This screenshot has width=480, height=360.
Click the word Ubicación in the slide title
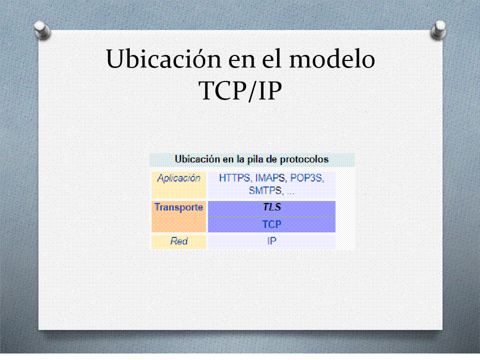(163, 58)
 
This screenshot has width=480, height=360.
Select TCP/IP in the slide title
(240, 90)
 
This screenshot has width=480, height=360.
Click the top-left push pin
(42, 30)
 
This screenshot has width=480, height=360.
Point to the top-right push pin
(438, 30)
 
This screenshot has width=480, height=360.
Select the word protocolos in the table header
(304, 159)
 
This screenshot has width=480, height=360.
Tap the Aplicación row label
(179, 178)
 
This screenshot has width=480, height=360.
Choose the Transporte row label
(179, 207)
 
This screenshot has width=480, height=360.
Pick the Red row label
(179, 241)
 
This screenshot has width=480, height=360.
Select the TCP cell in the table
(272, 224)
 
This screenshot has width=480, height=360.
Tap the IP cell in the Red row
(272, 241)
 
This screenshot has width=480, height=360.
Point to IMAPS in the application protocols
(270, 178)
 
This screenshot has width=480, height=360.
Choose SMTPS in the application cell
(265, 190)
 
